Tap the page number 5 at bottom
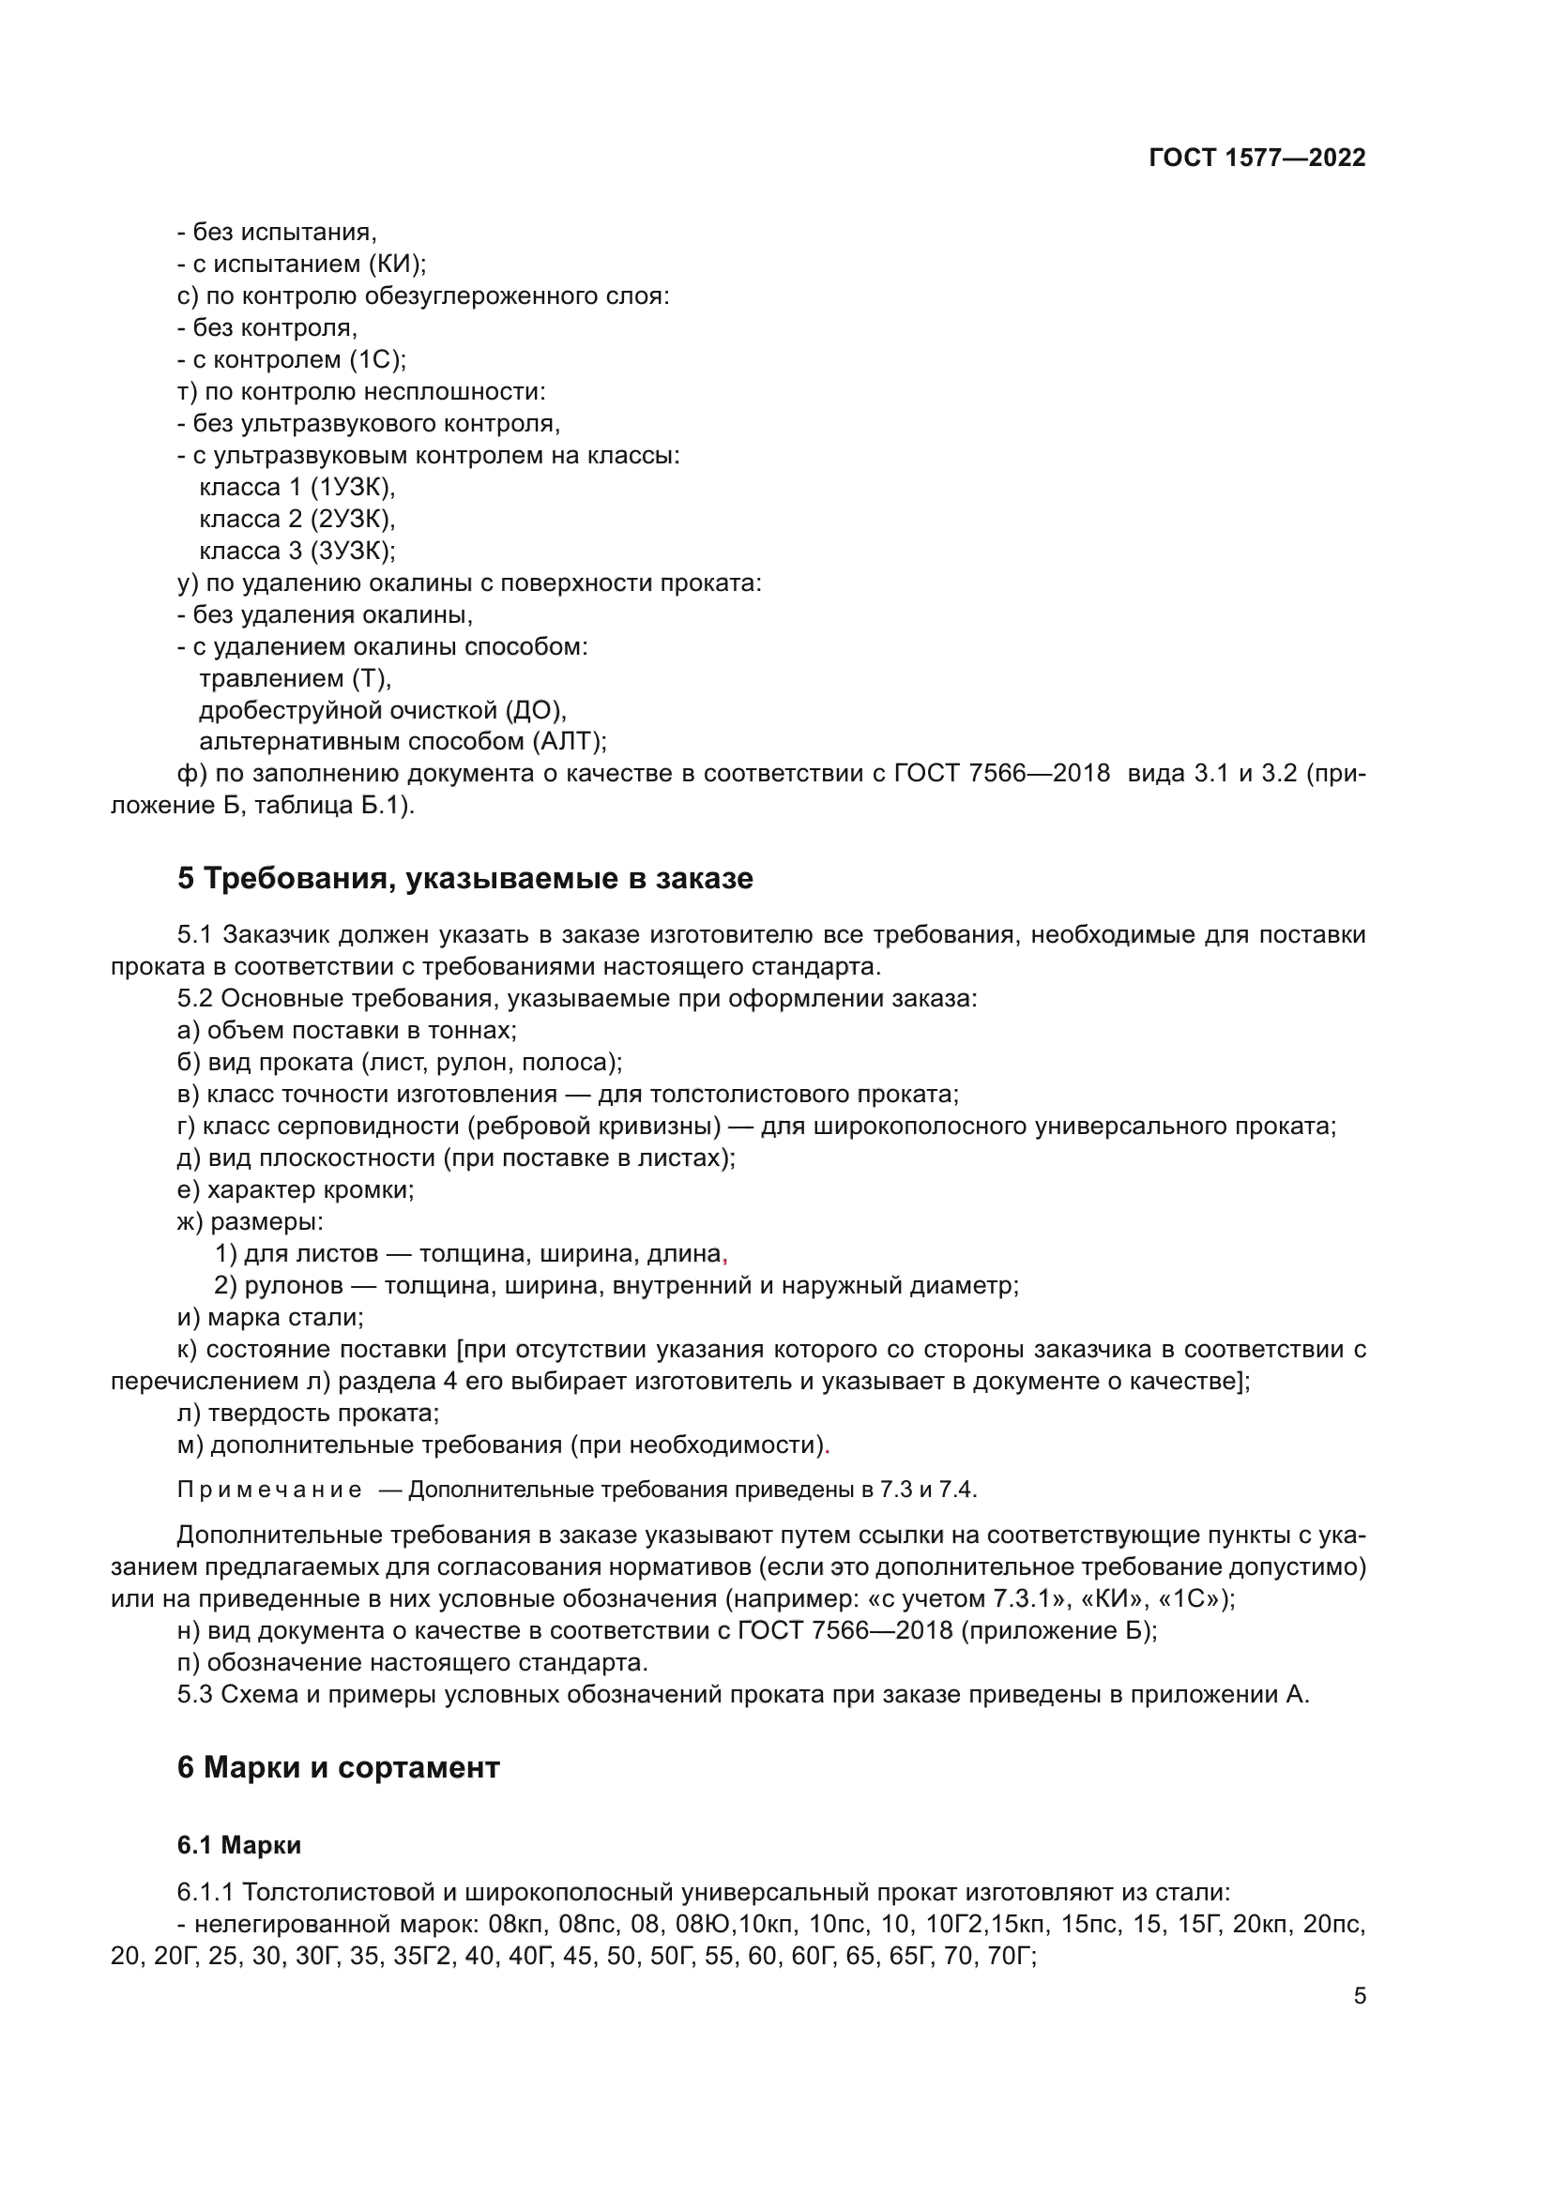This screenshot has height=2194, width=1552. click(x=1359, y=1995)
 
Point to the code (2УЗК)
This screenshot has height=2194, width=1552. click(x=352, y=519)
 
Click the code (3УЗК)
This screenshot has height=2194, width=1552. click(x=352, y=551)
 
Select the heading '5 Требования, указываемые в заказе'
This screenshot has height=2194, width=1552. click(x=464, y=878)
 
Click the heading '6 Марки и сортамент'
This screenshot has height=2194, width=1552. click(x=339, y=1768)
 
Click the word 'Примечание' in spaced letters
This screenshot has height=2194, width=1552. click(x=269, y=1490)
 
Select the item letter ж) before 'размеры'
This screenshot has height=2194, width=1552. click(x=190, y=1221)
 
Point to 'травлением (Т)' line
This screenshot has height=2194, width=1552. click(x=295, y=678)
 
